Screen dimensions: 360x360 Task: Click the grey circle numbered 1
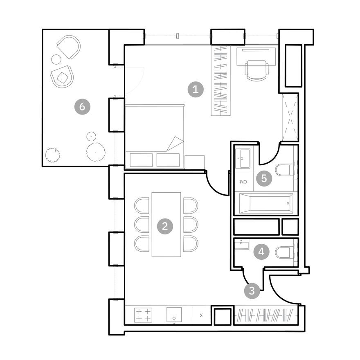(x=196, y=89)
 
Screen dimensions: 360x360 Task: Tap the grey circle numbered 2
(x=165, y=226)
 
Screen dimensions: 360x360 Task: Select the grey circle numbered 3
(x=252, y=291)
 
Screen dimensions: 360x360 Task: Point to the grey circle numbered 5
(x=264, y=178)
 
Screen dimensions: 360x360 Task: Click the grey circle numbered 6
(x=82, y=107)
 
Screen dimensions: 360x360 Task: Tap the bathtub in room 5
(x=266, y=203)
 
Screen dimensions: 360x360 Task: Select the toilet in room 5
(x=285, y=169)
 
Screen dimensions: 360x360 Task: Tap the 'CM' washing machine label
(x=243, y=181)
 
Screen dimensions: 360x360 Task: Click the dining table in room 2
(x=166, y=225)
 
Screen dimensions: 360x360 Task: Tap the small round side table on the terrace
(x=56, y=59)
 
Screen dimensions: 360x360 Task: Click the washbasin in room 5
(x=244, y=157)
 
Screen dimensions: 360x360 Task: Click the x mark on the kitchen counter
(x=201, y=315)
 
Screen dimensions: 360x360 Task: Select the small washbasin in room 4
(x=242, y=244)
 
